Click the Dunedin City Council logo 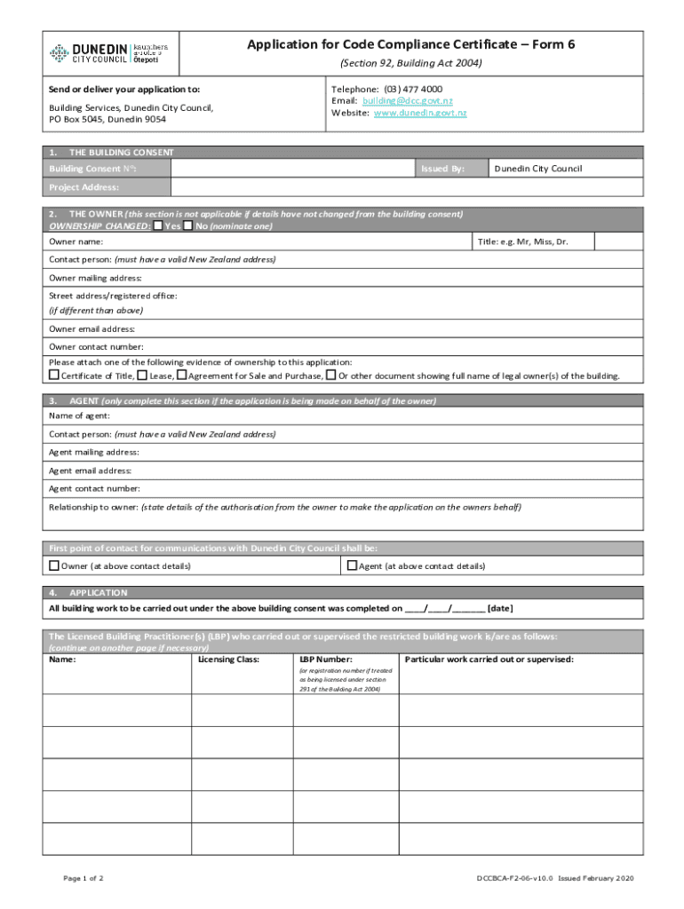click(x=107, y=53)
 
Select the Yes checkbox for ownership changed click(x=158, y=225)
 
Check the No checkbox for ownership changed click(x=188, y=225)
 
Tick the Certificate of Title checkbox click(x=53, y=375)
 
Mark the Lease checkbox click(x=142, y=375)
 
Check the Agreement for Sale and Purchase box click(x=181, y=375)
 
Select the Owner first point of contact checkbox click(x=54, y=565)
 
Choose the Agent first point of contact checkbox click(x=352, y=565)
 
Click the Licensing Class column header click(x=228, y=660)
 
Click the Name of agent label click(x=79, y=416)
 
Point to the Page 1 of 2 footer click(x=84, y=879)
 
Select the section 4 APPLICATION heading click(x=99, y=592)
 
